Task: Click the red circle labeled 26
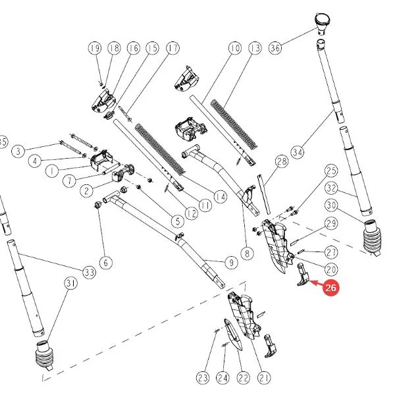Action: tap(330, 288)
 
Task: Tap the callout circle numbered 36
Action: tap(275, 48)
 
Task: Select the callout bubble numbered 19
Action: tap(95, 48)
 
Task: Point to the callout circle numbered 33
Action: tap(90, 272)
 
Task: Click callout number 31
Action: tap(71, 284)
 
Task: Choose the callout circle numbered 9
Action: tap(231, 263)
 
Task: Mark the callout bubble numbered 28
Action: tap(281, 161)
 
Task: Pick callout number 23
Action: tap(203, 378)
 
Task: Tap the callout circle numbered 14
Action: tap(221, 197)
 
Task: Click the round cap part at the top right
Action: tap(322, 22)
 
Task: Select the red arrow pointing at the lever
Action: tap(316, 283)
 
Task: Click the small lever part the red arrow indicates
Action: tap(303, 275)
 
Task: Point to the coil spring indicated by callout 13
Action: tap(234, 124)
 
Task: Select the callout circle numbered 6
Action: tap(106, 263)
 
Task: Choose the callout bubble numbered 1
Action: tap(52, 171)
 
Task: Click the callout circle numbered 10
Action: tap(235, 48)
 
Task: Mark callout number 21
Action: tap(264, 378)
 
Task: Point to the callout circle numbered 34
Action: tap(298, 153)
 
